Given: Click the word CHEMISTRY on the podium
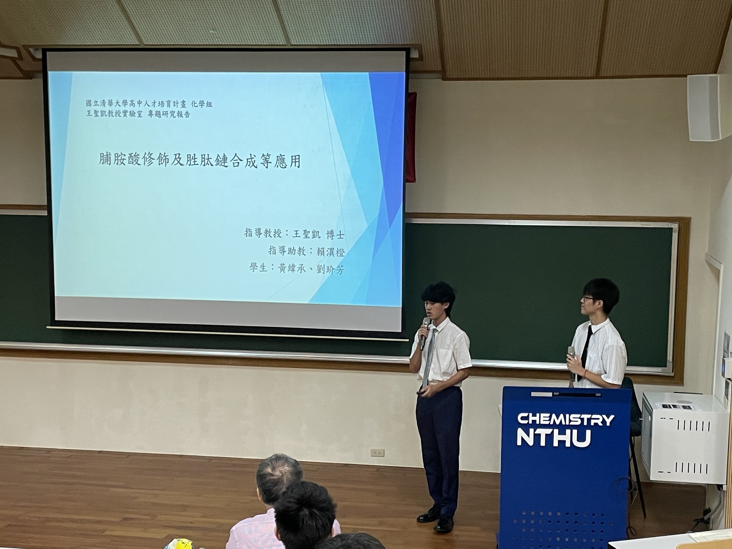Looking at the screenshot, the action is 565,419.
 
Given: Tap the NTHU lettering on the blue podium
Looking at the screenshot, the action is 554,438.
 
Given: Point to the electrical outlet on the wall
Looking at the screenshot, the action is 377,453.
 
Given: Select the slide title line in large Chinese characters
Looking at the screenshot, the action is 200,161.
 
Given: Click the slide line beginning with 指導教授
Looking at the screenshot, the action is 294,234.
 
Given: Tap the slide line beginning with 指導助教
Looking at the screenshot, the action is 307,251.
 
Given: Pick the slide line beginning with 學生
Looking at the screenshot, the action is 297,269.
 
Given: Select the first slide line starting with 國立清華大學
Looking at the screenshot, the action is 149,103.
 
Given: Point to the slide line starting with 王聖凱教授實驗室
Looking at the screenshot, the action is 138,114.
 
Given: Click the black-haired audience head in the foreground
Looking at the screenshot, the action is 307,513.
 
